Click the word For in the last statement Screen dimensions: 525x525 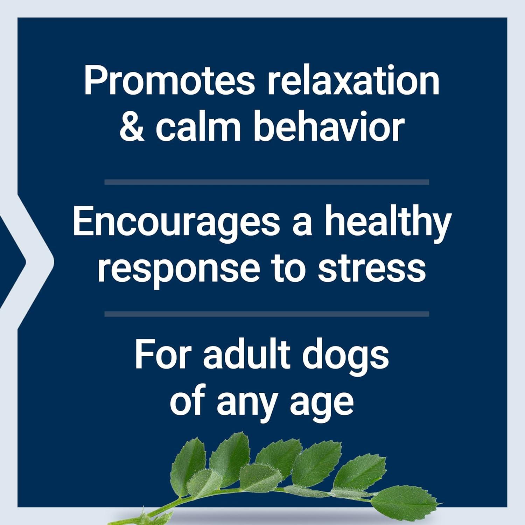(x=163, y=355)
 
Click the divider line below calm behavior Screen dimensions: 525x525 (x=267, y=182)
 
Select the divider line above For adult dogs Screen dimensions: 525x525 (x=267, y=314)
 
